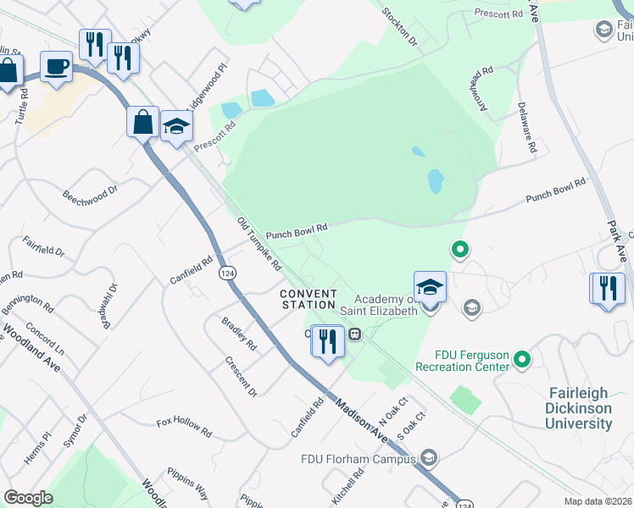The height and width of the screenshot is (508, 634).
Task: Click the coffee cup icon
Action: click(x=56, y=66)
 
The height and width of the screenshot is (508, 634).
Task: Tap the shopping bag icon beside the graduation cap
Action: click(x=142, y=121)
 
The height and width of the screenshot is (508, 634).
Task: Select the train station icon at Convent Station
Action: click(x=356, y=334)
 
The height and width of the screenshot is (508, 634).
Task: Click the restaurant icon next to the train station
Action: click(x=327, y=341)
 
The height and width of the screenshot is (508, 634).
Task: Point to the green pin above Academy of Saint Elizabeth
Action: click(x=459, y=250)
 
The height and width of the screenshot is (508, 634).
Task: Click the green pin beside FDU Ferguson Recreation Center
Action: click(x=522, y=361)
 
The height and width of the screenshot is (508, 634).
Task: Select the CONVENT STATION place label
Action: click(x=309, y=300)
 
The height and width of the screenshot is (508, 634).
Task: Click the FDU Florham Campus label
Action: click(x=360, y=460)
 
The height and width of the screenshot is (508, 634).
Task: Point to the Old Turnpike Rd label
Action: click(x=259, y=242)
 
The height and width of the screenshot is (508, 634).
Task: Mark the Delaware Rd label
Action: click(x=526, y=127)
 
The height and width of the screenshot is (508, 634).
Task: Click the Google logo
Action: click(x=28, y=498)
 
